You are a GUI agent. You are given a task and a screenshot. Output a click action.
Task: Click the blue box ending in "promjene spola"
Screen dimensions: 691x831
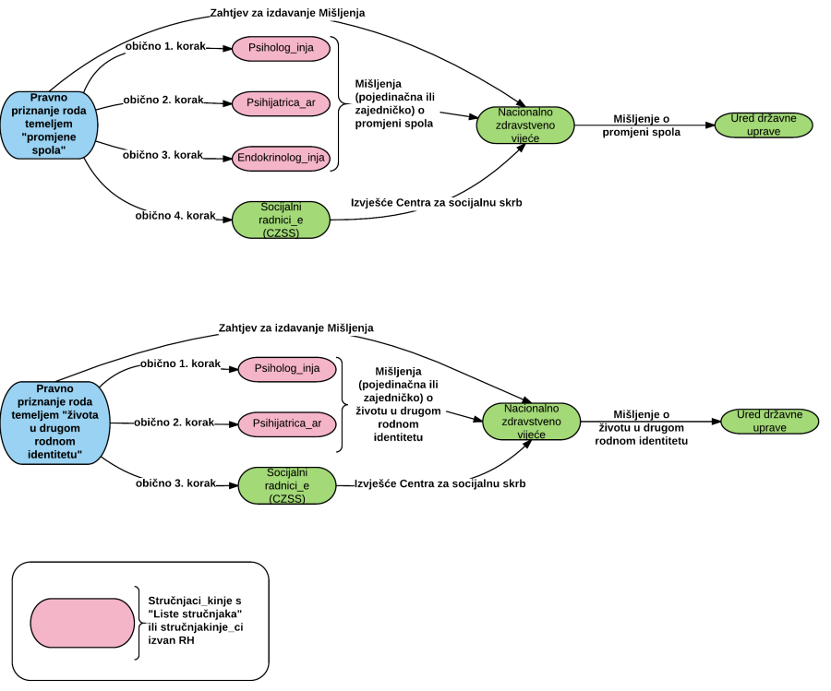click(x=49, y=125)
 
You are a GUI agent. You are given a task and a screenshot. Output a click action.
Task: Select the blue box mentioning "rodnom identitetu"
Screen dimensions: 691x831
click(x=54, y=423)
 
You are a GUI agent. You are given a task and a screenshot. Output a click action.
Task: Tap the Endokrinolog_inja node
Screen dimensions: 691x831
click(x=281, y=158)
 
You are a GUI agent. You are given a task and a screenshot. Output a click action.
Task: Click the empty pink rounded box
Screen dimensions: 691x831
click(x=82, y=623)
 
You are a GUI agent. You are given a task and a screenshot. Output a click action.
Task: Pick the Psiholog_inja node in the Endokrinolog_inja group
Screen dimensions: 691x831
click(x=281, y=48)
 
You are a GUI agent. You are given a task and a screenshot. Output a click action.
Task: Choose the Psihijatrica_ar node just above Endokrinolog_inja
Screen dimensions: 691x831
click(x=281, y=102)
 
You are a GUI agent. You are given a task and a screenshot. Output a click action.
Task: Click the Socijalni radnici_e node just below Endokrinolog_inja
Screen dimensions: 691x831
click(x=281, y=220)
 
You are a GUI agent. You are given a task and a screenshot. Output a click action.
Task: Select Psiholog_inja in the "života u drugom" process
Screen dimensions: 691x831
click(x=287, y=369)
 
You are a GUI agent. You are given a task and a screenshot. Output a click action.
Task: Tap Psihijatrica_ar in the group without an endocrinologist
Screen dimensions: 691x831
click(x=287, y=424)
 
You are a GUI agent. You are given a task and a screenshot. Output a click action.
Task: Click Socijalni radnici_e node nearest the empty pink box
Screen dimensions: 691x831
click(x=287, y=485)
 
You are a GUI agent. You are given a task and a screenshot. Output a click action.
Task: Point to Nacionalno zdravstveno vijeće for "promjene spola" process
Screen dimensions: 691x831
click(x=525, y=125)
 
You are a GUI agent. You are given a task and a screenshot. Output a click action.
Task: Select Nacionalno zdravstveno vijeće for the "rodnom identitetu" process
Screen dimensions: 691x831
click(x=531, y=421)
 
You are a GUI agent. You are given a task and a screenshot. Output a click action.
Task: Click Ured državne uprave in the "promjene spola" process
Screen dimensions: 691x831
click(x=764, y=125)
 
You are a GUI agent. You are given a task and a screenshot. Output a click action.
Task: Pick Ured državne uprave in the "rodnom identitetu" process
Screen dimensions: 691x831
click(x=769, y=421)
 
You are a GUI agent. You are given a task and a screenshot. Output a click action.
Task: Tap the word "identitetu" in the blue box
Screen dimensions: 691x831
click(x=54, y=455)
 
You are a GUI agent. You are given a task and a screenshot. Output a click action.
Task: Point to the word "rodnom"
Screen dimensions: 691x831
click(x=54, y=442)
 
